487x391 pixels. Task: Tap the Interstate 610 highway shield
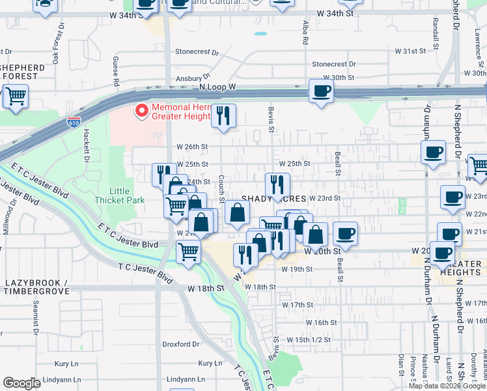coord(74,122)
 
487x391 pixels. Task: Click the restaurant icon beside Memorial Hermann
coord(223,116)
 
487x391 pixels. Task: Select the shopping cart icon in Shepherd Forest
coord(16,96)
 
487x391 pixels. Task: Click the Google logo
coord(22,383)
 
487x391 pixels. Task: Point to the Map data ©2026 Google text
coord(447,386)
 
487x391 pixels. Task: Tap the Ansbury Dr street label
coord(190,74)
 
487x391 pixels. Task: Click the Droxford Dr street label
coord(180,345)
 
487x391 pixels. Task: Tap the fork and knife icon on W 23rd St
coord(277,185)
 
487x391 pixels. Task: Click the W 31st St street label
coord(410,50)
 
